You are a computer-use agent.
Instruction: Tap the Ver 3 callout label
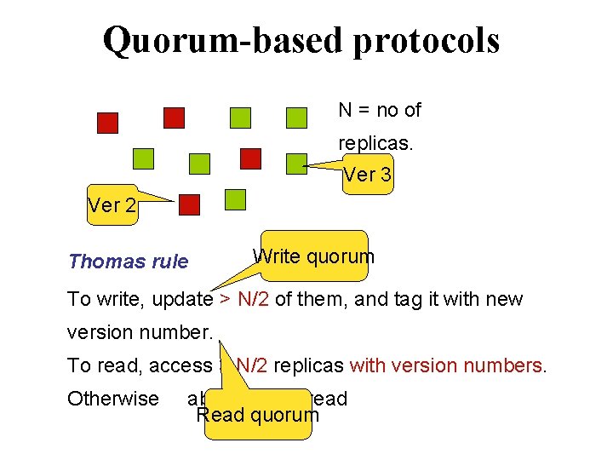(x=368, y=175)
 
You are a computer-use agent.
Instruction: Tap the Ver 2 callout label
(x=112, y=207)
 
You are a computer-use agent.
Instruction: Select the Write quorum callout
(x=313, y=256)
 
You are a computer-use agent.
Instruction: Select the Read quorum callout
(x=257, y=415)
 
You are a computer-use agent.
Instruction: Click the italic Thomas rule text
(x=129, y=262)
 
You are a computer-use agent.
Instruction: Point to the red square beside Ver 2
(x=189, y=204)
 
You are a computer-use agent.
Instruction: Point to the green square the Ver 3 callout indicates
(x=296, y=163)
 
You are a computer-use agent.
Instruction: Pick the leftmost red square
(x=107, y=123)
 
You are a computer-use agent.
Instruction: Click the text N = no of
(x=379, y=110)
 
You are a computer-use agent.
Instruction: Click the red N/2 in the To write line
(x=253, y=299)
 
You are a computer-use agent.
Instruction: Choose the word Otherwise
(x=113, y=399)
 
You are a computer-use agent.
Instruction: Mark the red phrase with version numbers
(x=446, y=365)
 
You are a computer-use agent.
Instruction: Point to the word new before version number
(x=503, y=299)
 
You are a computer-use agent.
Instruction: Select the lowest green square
(x=235, y=200)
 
